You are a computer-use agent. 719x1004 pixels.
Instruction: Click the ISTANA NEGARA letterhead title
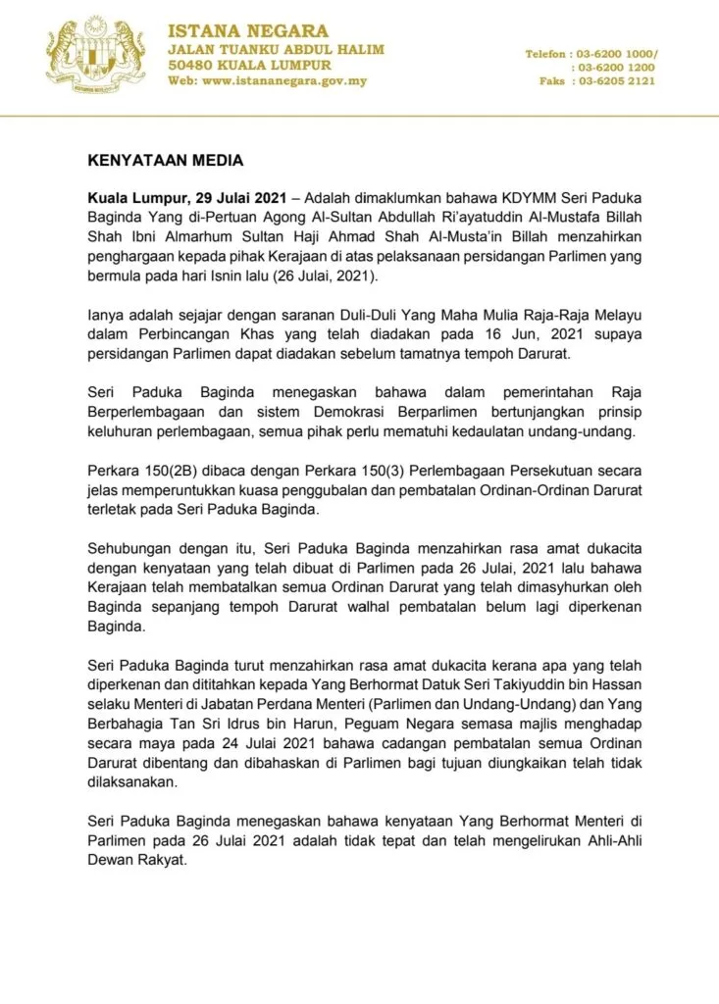coord(248,31)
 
